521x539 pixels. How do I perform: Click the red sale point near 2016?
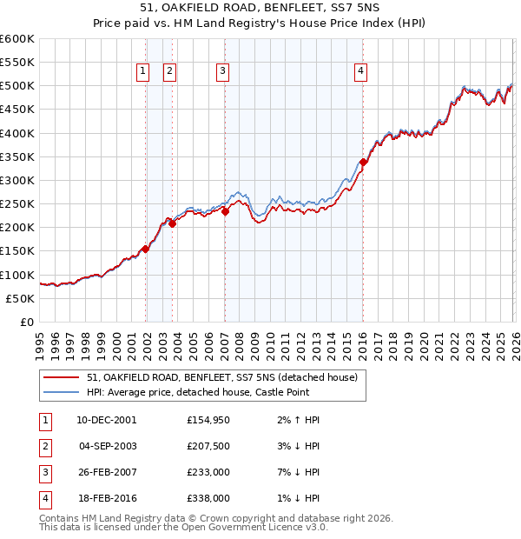point(364,162)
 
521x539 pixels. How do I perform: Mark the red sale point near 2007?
point(225,211)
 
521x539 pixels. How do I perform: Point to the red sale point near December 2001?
point(145,249)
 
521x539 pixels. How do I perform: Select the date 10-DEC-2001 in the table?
point(106,420)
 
